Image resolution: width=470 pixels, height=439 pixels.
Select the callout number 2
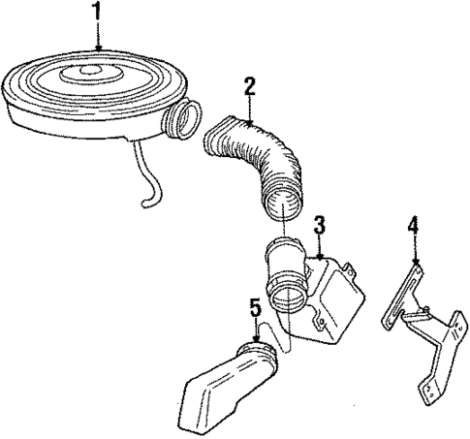click(249, 86)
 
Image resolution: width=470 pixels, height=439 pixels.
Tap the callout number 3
click(320, 226)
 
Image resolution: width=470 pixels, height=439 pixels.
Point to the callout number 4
click(414, 228)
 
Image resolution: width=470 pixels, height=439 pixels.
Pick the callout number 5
click(255, 309)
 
